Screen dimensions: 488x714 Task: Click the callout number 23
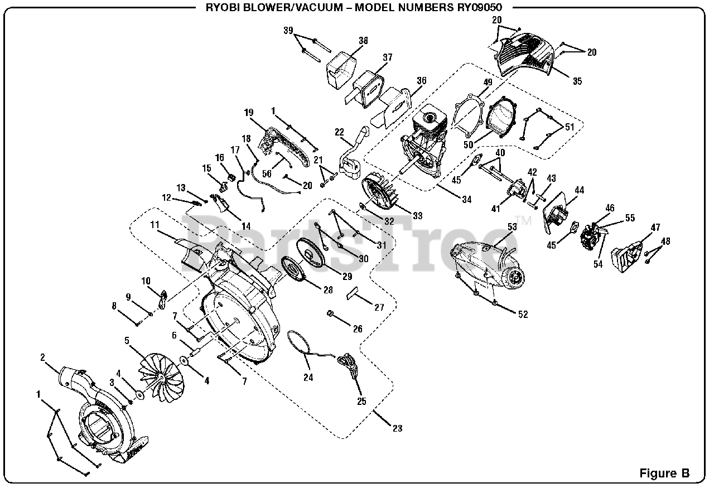click(397, 428)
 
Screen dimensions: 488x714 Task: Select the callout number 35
click(577, 81)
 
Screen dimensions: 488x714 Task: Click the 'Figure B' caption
click(664, 473)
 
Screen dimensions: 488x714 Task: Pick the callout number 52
click(523, 315)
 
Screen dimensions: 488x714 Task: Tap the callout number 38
click(363, 40)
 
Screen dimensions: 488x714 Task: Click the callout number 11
click(155, 225)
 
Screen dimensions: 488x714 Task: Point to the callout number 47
click(655, 228)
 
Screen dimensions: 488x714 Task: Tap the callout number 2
click(43, 358)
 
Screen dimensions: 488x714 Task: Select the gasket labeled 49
click(465, 117)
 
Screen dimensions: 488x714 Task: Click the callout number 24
click(308, 378)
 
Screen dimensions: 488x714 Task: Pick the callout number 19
click(249, 112)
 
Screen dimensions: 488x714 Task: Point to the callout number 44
click(579, 191)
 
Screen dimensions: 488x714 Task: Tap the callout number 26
click(358, 329)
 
